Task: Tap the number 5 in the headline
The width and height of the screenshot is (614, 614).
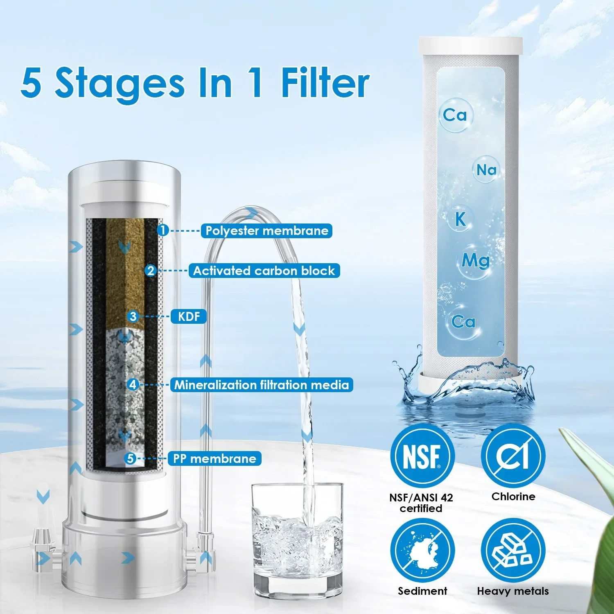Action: [31, 83]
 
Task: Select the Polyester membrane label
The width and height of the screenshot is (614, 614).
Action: [266, 230]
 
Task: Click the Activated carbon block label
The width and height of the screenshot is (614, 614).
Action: [264, 271]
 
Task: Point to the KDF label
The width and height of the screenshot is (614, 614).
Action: [189, 316]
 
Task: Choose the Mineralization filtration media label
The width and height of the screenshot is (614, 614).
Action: [262, 385]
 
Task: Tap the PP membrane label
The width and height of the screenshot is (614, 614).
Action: [214, 458]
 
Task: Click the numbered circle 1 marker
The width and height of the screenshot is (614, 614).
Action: [163, 230]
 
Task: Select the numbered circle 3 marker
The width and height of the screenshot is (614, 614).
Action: [133, 316]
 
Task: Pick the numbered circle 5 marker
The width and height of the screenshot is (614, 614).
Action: [130, 458]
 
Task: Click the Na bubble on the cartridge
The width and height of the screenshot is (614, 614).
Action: [486, 169]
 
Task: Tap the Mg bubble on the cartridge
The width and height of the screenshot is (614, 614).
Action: [475, 261]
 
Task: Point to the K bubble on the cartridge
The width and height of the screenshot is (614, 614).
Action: [460, 219]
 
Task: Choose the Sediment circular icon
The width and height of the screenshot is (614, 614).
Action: [422, 551]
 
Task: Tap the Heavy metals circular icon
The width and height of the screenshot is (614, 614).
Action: [513, 551]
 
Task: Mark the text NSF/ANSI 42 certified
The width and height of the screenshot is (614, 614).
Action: [421, 503]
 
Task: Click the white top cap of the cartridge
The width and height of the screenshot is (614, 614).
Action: [471, 46]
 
